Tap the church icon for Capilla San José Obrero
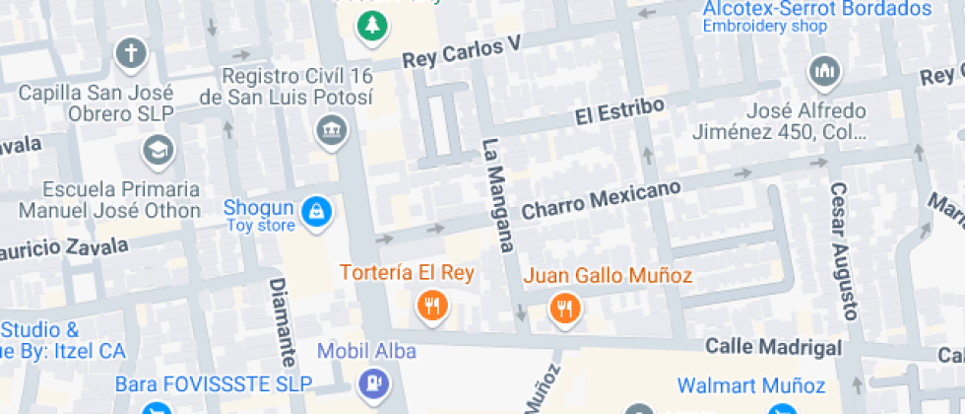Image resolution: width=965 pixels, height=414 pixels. [130, 53]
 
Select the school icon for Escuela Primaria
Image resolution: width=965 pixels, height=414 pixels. [156, 150]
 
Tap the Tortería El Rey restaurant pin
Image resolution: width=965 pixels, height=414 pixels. [430, 305]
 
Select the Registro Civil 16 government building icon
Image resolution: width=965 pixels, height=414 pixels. [331, 129]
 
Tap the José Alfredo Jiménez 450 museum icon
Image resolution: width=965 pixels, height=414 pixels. [823, 71]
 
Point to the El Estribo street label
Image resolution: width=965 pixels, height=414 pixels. [612, 111]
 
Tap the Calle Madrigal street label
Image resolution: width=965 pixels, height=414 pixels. [774, 347]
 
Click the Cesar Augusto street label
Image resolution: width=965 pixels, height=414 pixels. [845, 251]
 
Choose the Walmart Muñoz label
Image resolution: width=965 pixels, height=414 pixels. [750, 384]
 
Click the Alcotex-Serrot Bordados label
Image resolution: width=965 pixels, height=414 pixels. [816, 9]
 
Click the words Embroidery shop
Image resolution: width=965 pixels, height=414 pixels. [764, 27]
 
